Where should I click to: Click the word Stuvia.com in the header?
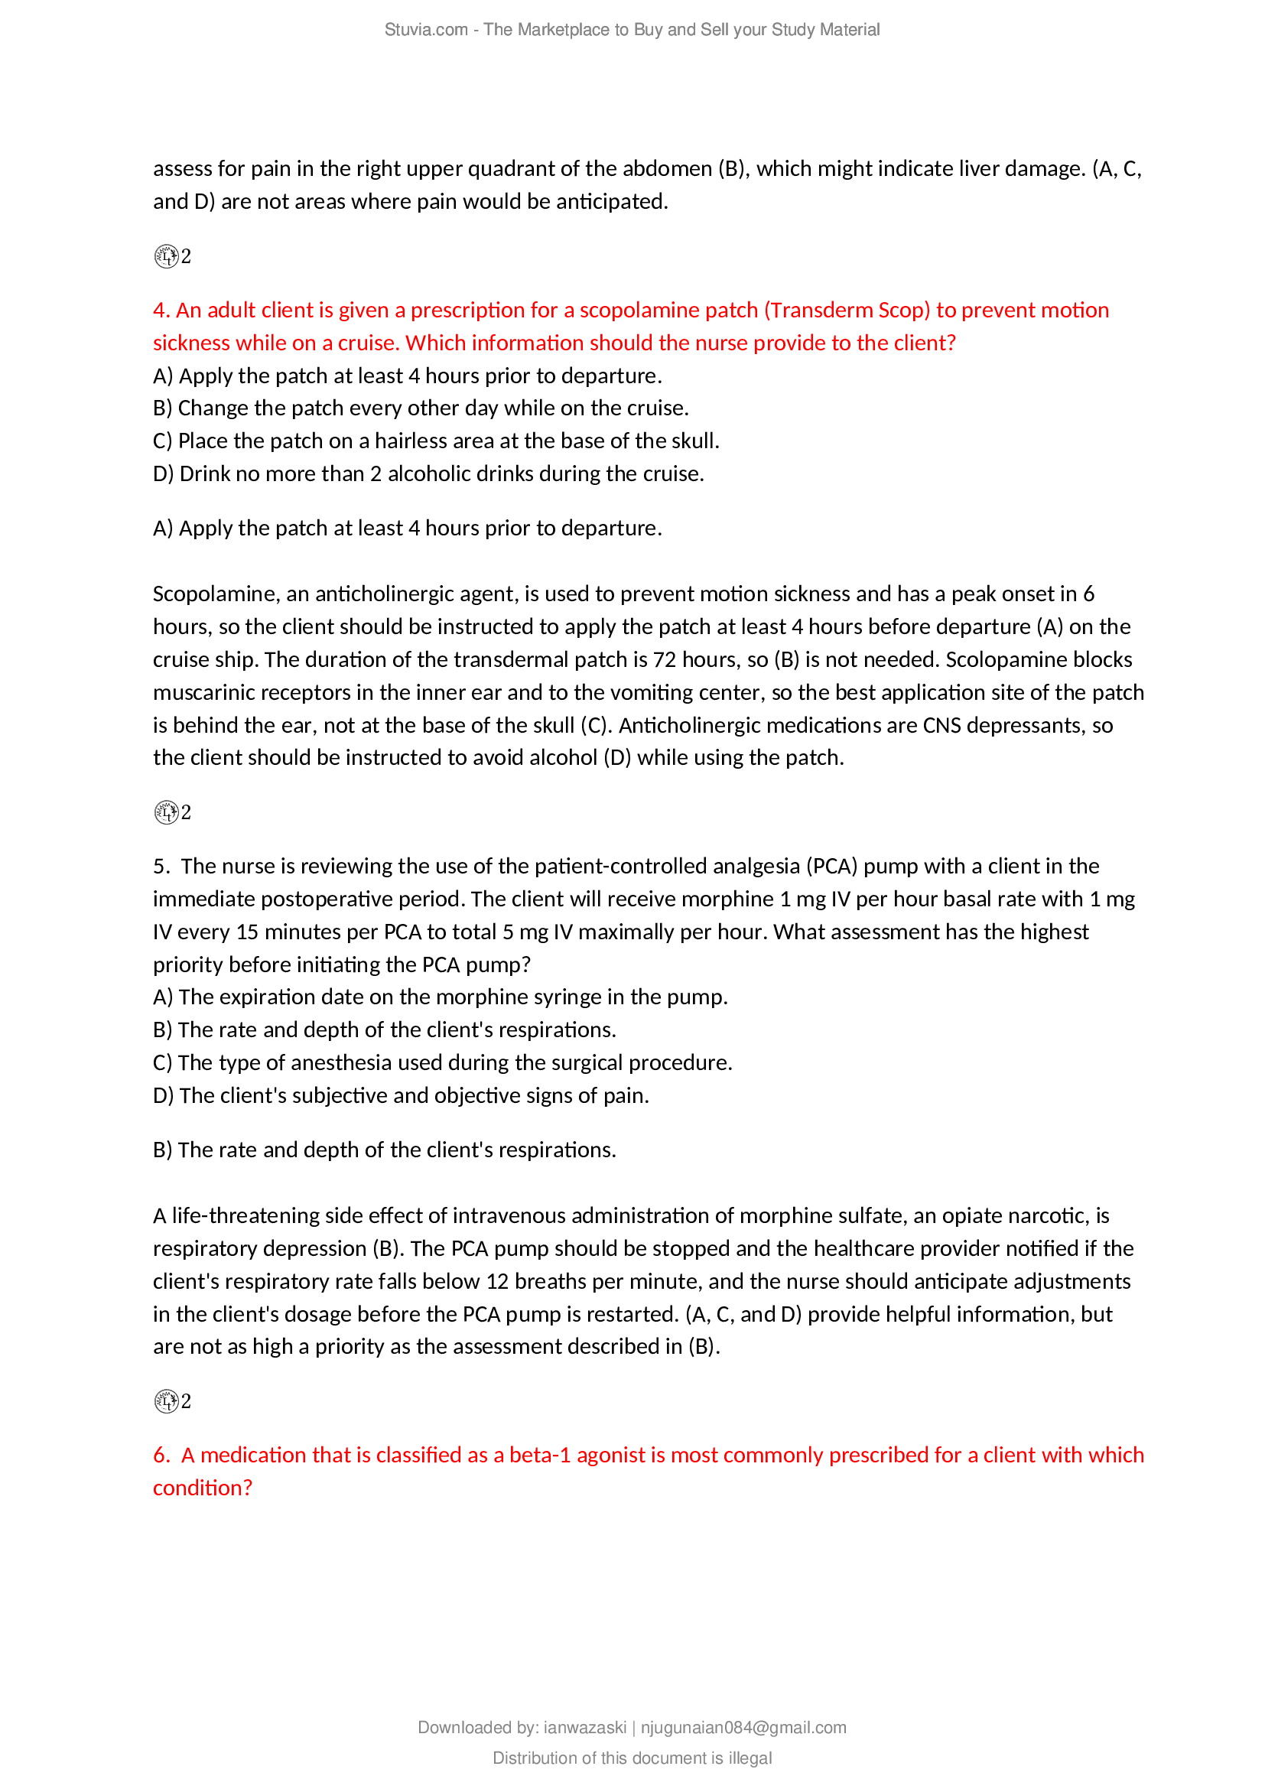[x=425, y=30]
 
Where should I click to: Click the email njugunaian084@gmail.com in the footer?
[x=743, y=1728]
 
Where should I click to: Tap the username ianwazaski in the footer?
[x=584, y=1728]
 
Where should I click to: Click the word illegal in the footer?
[x=750, y=1758]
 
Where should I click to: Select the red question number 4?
[x=161, y=310]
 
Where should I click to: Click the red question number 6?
[x=161, y=1455]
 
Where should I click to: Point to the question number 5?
[x=161, y=866]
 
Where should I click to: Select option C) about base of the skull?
[x=435, y=441]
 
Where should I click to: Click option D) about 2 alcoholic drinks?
[x=428, y=473]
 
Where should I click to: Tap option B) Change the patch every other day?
[x=420, y=408]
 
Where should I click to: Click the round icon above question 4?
[x=166, y=256]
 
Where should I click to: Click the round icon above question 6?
[x=166, y=1401]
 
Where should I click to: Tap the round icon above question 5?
[x=166, y=813]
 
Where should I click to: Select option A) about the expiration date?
[x=440, y=997]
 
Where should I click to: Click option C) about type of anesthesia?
[x=442, y=1062]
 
